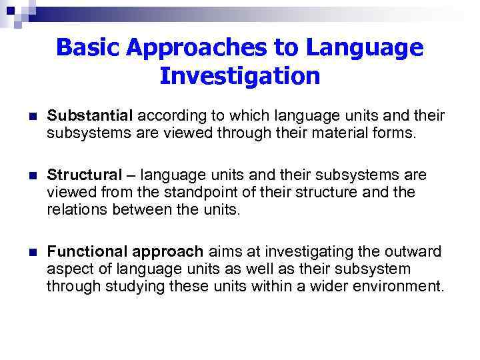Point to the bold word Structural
(85, 175)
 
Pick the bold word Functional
(90, 252)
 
